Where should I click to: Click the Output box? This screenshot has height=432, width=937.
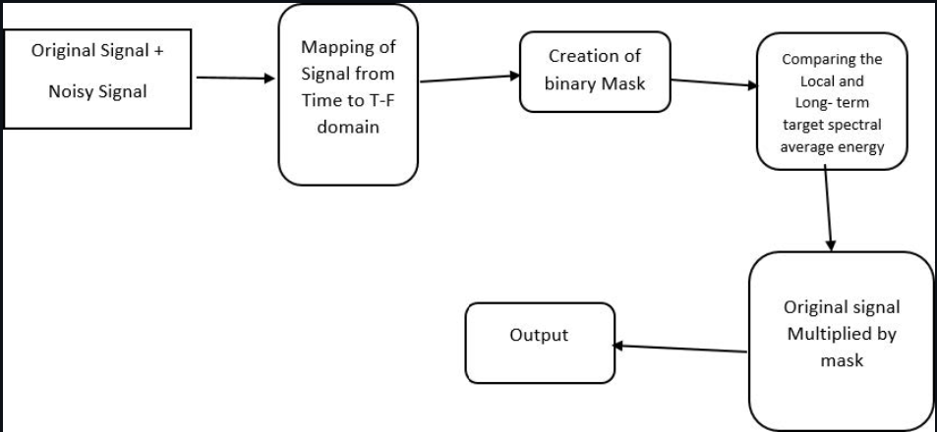[x=538, y=342]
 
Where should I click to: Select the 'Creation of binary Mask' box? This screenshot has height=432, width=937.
[x=596, y=71]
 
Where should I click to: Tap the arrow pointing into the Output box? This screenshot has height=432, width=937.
[x=678, y=348]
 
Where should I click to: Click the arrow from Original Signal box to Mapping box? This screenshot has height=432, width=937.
[x=236, y=78]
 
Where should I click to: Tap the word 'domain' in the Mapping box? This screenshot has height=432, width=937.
[x=348, y=129]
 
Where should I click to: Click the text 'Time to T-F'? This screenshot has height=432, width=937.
[x=349, y=101]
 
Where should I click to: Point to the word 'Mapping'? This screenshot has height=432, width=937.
[x=349, y=48]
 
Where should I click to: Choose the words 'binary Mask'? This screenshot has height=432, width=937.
[x=596, y=83]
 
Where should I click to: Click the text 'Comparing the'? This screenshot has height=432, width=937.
[x=832, y=59]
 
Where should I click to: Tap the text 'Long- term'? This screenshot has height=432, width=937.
[x=832, y=103]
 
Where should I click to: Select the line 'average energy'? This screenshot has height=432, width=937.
[x=832, y=146]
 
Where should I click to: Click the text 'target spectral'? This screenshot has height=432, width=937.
[x=832, y=125]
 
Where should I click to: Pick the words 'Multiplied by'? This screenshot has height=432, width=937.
[x=842, y=334]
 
